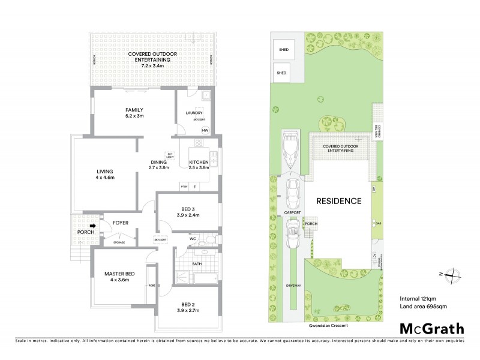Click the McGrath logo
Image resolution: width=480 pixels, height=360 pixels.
(x=432, y=328)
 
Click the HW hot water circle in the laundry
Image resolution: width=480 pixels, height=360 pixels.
(x=205, y=130)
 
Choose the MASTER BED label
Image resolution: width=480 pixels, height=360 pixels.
(x=119, y=274)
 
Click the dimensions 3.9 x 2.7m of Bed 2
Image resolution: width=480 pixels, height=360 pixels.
(x=188, y=311)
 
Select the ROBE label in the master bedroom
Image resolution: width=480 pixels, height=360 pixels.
(x=151, y=286)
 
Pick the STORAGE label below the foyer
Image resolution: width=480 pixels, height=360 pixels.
(x=119, y=242)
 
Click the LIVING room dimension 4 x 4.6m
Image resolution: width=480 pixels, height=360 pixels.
(x=105, y=177)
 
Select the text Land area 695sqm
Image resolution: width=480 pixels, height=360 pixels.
(x=423, y=307)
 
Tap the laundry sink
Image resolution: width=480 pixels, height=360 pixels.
(x=205, y=95)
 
